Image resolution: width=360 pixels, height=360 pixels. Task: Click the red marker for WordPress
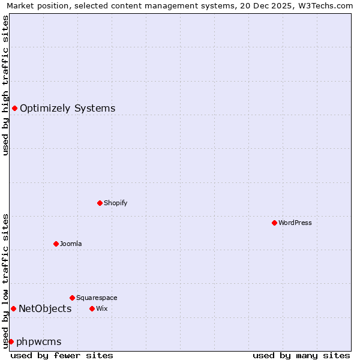[274, 223]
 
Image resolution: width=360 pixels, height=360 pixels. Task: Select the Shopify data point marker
[100, 203]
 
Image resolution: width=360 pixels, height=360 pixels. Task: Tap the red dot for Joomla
[56, 244]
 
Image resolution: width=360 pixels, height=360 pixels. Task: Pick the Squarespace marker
[72, 298]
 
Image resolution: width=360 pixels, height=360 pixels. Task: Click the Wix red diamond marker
[92, 308]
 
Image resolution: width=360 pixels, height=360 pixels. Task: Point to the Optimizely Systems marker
[14, 108]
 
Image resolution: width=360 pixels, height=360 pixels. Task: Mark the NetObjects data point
[13, 308]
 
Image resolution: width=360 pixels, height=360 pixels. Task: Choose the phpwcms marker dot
[11, 341]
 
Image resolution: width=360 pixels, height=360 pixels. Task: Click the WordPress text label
[295, 223]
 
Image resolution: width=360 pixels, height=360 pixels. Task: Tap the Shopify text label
[116, 203]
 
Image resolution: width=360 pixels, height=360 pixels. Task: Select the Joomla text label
[71, 244]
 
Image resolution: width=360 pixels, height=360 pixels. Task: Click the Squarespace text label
[97, 298]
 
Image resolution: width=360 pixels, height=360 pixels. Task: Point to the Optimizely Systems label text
[68, 109]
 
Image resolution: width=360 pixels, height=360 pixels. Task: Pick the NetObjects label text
[45, 309]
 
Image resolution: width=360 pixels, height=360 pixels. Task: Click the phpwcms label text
[39, 342]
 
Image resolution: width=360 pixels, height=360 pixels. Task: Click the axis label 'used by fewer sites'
[62, 355]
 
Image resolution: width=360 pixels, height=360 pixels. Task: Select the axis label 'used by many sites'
[301, 355]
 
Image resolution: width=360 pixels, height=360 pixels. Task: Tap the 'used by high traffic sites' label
[5, 85]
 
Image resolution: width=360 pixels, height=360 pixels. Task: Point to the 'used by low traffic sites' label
[5, 281]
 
